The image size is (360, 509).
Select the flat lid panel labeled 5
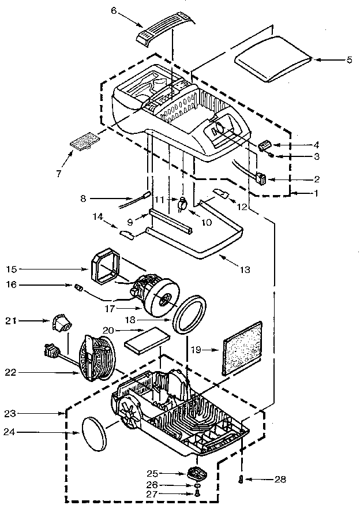(273, 59)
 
